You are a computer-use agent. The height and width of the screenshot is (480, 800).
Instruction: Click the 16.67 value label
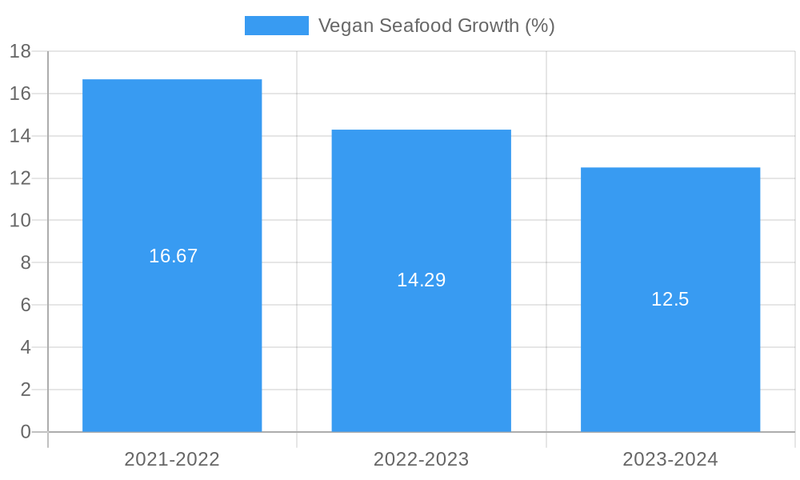(173, 256)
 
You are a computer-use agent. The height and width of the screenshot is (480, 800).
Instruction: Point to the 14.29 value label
(421, 280)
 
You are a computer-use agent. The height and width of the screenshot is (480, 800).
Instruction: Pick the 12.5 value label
(670, 299)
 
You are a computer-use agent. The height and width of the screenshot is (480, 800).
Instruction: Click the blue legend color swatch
(276, 26)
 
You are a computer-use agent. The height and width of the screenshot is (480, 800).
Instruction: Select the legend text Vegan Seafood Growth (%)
(436, 26)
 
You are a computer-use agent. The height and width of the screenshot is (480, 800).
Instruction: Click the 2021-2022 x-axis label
(172, 459)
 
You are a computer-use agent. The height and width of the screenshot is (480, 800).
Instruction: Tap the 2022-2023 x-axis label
(422, 459)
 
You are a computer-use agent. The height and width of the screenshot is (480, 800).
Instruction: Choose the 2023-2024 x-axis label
(670, 459)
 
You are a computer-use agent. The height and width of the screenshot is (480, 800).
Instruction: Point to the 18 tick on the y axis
(20, 51)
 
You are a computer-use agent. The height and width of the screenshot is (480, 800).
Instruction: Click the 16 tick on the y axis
(20, 94)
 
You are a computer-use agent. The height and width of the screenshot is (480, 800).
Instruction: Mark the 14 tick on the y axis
(20, 136)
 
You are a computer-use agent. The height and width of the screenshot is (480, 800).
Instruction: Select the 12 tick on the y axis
(20, 178)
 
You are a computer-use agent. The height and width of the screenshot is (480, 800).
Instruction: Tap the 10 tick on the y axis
(20, 220)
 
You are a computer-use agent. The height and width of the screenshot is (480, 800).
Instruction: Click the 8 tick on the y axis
(25, 262)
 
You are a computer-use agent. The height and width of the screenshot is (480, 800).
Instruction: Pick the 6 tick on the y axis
(25, 305)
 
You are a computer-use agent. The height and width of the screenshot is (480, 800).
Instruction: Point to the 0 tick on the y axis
(25, 432)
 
